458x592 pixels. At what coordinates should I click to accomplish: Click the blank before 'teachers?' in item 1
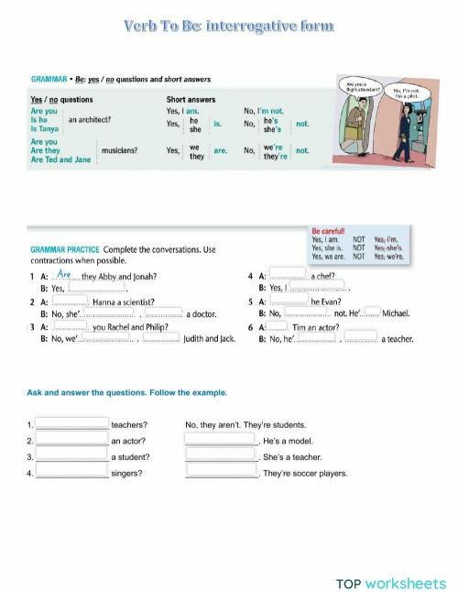(x=72, y=423)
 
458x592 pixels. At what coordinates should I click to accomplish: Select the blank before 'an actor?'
(x=72, y=440)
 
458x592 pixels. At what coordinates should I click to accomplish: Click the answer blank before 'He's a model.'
(x=221, y=440)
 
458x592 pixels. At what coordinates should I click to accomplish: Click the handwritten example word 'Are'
(x=63, y=274)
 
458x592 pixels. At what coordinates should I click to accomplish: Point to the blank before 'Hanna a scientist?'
(x=70, y=300)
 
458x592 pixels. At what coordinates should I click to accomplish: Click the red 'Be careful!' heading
(x=328, y=231)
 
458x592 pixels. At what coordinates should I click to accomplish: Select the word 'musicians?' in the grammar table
(x=120, y=150)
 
